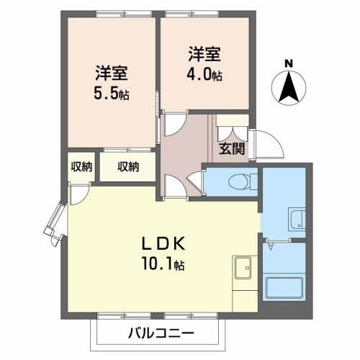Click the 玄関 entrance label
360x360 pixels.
[x=231, y=149]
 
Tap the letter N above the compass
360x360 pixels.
[x=289, y=63]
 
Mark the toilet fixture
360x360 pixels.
[x=238, y=181]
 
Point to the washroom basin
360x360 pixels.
[x=295, y=219]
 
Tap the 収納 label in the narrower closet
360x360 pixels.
[x=81, y=167]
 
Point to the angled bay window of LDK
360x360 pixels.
[x=56, y=224]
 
